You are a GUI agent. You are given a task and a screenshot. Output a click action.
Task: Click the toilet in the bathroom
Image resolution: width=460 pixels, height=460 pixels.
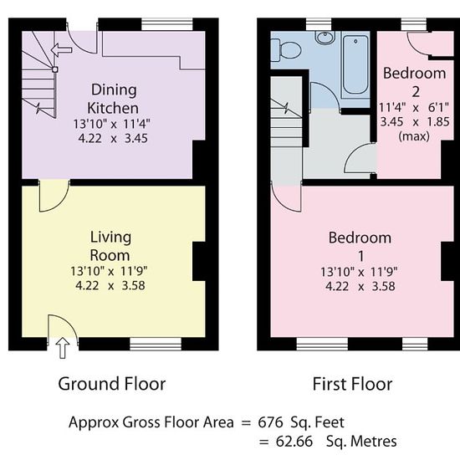click(287, 50)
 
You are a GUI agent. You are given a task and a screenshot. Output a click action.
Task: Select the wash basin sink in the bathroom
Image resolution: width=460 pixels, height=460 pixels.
click(325, 38)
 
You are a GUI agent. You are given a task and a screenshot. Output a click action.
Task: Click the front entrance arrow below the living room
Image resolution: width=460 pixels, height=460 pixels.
click(63, 348)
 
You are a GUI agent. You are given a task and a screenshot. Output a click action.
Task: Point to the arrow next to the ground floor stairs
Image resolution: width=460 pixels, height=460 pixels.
click(61, 49)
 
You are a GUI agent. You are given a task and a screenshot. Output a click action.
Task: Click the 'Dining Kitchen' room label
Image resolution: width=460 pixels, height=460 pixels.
click(113, 99)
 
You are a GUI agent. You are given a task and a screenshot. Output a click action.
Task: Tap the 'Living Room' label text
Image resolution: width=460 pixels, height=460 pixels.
click(110, 246)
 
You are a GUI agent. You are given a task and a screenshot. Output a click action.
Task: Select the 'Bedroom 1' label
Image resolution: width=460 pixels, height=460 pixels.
click(360, 247)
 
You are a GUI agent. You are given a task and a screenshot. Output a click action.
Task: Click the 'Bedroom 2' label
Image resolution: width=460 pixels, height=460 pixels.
click(415, 83)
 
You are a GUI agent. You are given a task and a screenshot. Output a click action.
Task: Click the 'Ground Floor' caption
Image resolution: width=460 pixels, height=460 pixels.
click(112, 384)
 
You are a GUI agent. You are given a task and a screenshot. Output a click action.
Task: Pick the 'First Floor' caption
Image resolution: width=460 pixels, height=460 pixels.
click(352, 384)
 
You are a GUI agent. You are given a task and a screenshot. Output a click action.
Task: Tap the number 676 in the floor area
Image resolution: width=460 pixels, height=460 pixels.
click(270, 422)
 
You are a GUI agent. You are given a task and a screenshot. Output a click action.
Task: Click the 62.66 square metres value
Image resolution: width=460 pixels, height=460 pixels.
click(294, 442)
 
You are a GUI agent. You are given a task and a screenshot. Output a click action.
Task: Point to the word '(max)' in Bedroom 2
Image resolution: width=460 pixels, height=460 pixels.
click(414, 136)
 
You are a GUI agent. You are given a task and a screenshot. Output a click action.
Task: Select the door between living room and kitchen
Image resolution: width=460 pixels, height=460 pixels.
click(54, 196)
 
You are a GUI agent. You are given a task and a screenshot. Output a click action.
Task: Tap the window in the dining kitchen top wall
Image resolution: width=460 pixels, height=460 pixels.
click(167, 24)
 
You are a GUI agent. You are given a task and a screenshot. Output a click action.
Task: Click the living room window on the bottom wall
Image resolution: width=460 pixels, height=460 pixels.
click(156, 344)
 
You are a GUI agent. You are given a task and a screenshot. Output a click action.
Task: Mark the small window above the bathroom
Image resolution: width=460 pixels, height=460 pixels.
click(319, 24)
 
